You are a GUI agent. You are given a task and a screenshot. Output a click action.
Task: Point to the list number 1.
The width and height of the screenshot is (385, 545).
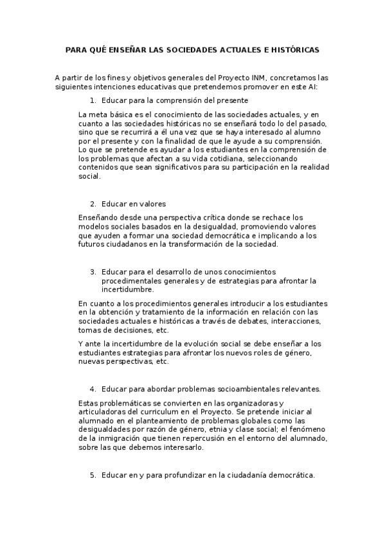93,100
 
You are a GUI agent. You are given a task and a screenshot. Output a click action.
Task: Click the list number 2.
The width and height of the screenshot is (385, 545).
93,204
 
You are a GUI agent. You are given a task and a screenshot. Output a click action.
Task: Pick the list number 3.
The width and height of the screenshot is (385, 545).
93,272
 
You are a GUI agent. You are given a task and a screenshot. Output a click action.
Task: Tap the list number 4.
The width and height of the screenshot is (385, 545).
93,389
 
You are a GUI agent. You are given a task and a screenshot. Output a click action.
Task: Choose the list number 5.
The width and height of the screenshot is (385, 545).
93,475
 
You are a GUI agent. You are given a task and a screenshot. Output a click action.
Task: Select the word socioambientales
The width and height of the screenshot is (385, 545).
242,389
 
